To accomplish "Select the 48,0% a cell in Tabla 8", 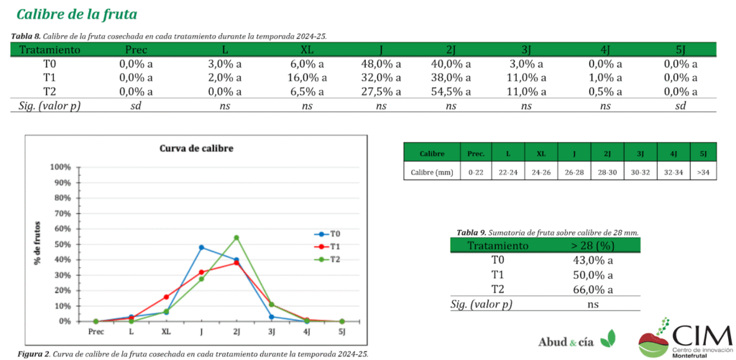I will [x=380, y=64].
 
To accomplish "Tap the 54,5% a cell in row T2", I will [x=450, y=91].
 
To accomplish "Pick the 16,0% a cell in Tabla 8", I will [x=306, y=78].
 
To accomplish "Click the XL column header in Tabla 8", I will [x=306, y=50].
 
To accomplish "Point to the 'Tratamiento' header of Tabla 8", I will [x=50, y=50].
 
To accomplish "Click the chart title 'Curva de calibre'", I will [x=196, y=149].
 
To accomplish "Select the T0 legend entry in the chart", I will [x=329, y=234].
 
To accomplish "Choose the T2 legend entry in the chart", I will [x=329, y=259].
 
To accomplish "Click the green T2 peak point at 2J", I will [x=236, y=238].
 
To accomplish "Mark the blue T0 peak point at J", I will [x=201, y=247].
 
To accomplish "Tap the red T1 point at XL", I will [x=166, y=297].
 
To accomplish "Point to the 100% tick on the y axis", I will [x=60, y=167].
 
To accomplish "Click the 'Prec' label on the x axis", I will [x=96, y=332].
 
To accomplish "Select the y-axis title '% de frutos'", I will [x=37, y=244].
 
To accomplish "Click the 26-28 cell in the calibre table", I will [x=573, y=172].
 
